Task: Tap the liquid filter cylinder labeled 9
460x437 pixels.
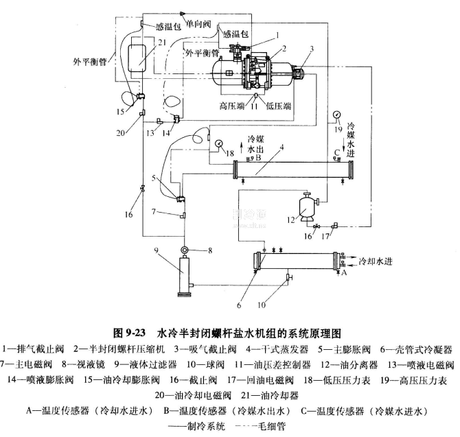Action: click(183, 275)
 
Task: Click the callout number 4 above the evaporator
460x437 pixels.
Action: click(280, 149)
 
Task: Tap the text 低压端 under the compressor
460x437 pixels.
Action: click(278, 107)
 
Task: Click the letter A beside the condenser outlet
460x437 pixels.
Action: click(345, 272)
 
